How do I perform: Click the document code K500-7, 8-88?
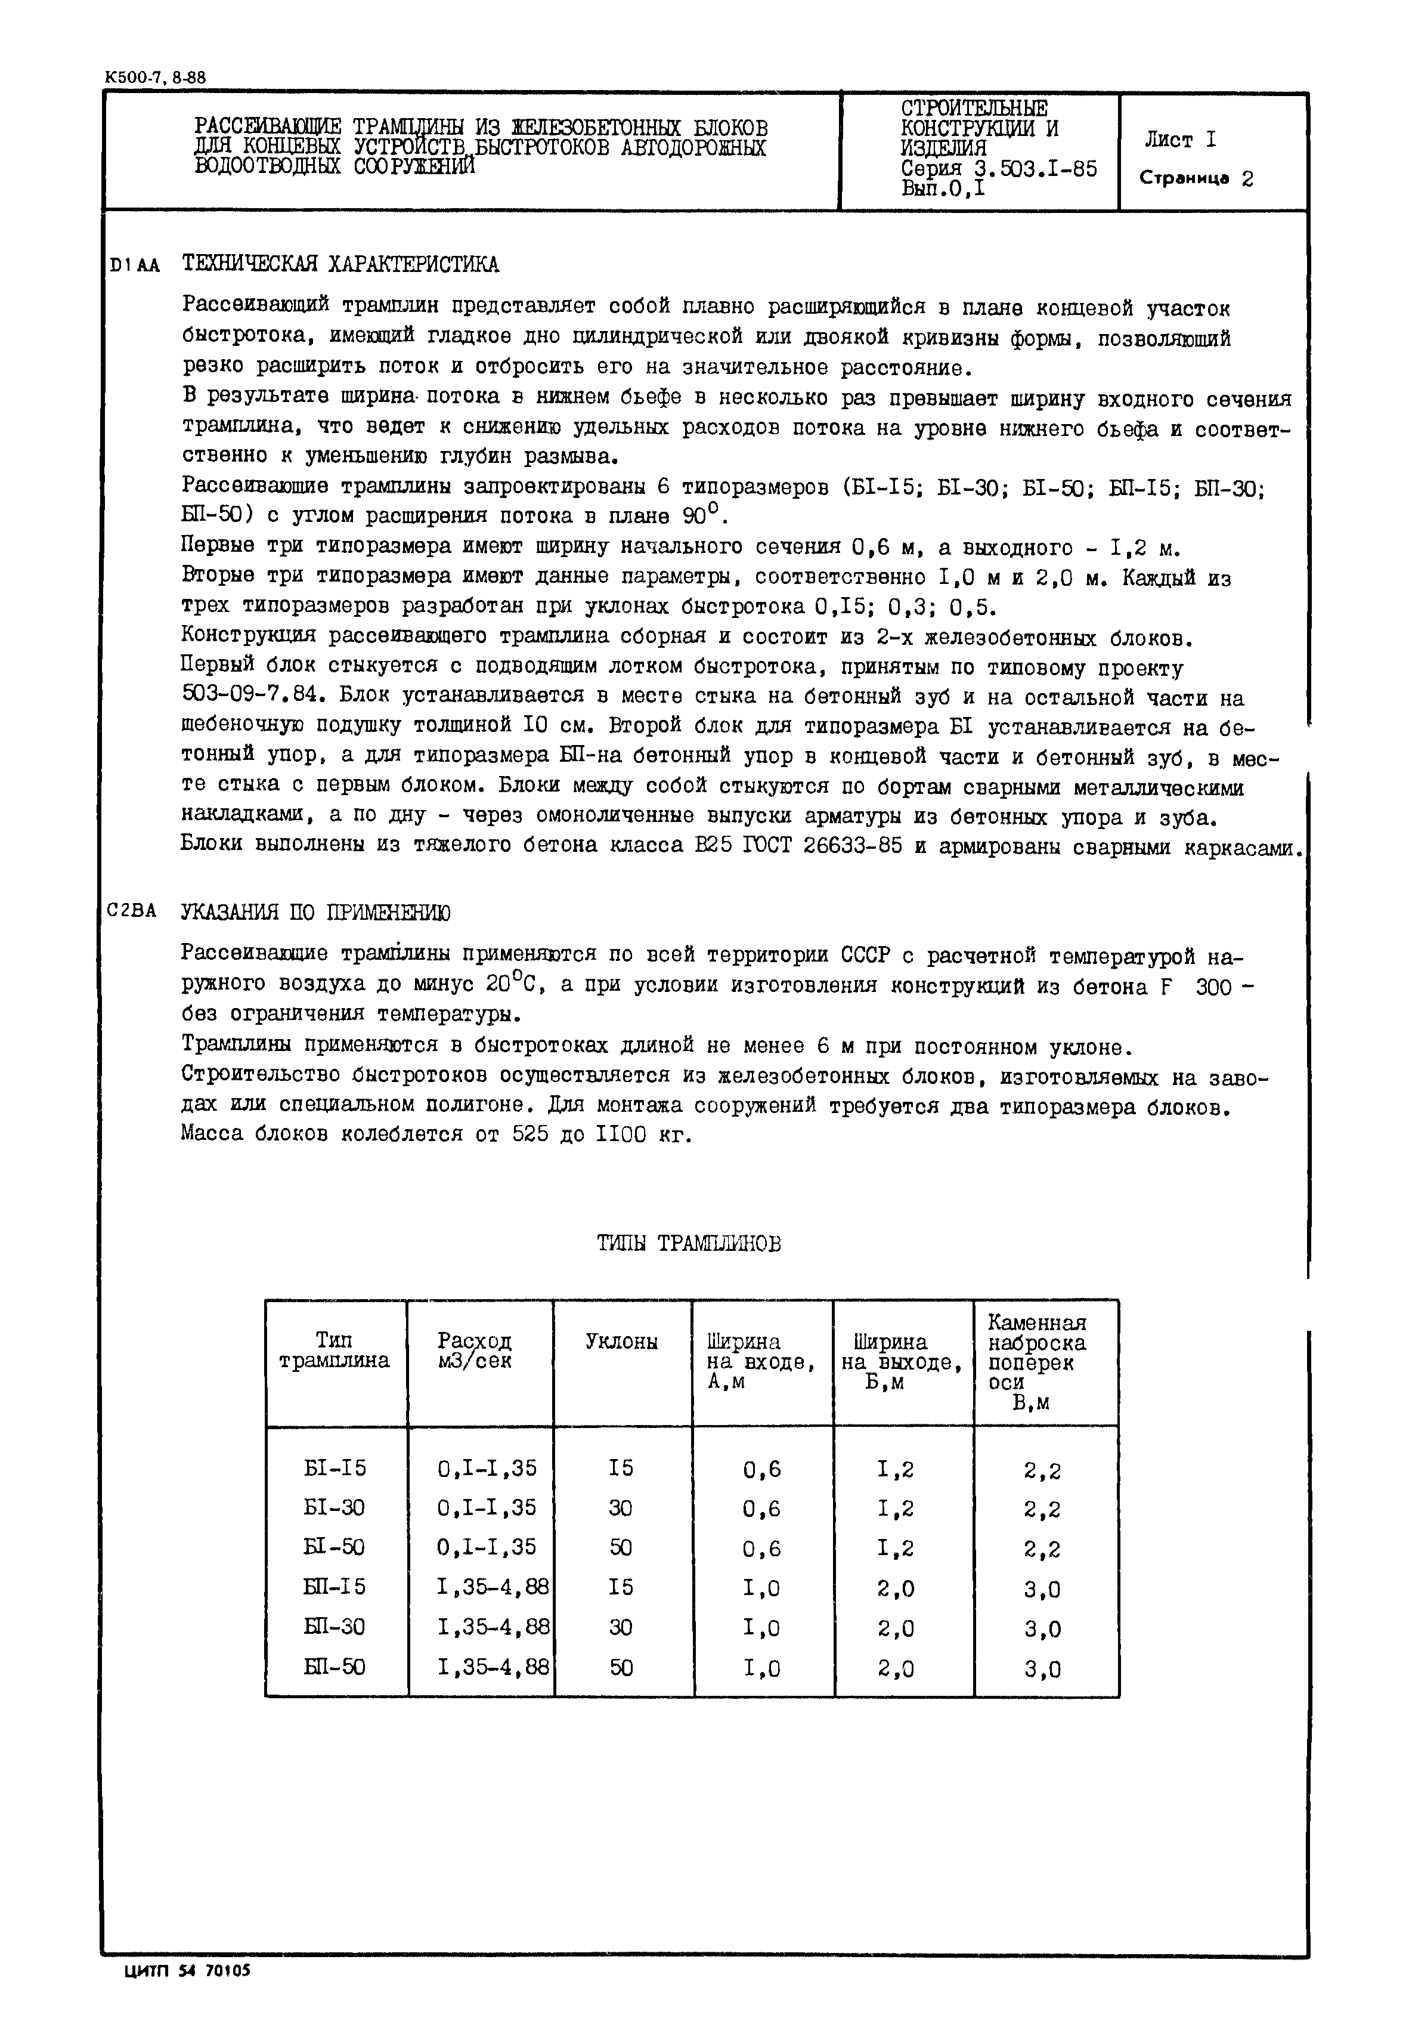(x=154, y=78)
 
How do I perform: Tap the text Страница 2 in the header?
(x=1196, y=178)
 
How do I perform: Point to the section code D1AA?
(x=134, y=265)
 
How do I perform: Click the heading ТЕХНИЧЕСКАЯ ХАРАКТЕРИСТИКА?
(x=340, y=264)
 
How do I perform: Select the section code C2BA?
(x=132, y=911)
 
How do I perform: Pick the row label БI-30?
(x=334, y=1508)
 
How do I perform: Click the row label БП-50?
(x=334, y=1667)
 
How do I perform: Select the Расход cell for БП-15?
(x=493, y=1587)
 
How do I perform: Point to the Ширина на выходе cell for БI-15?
(x=896, y=1469)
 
